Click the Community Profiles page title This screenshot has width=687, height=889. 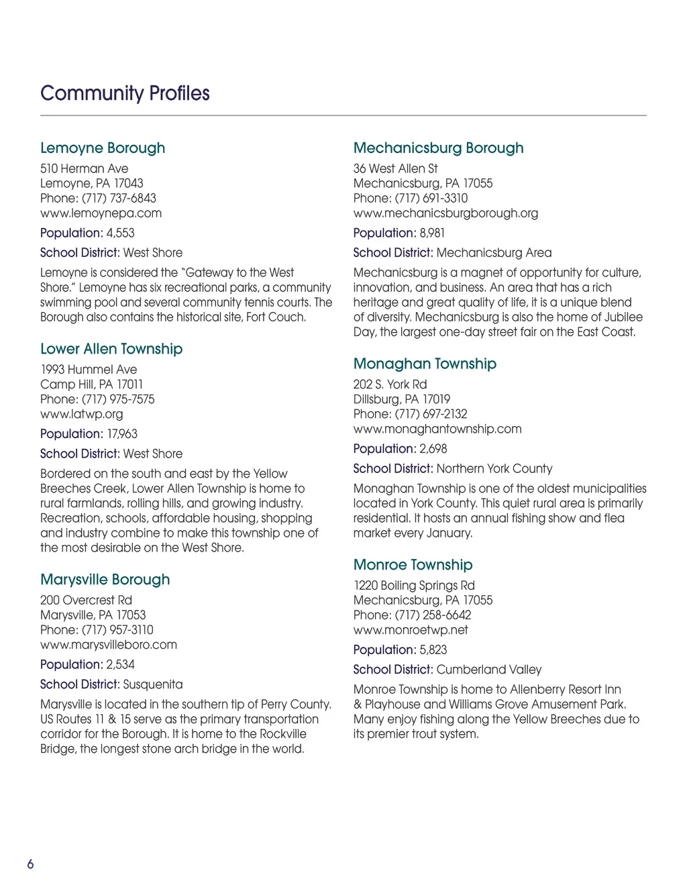coord(125,93)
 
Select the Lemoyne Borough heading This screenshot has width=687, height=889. coord(103,148)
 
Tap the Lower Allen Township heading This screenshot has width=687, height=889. coord(111,349)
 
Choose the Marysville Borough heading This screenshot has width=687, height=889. coord(105,580)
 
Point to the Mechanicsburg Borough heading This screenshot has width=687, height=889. coord(438,148)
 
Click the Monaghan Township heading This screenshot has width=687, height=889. coord(425,364)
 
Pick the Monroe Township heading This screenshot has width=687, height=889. coord(413,565)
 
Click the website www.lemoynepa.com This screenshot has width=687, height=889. coord(101,213)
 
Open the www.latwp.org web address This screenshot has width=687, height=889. coord(82,414)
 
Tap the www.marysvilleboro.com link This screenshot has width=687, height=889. coord(109,645)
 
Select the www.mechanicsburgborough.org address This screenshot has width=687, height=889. coord(445,213)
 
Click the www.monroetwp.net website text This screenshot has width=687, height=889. coord(411,630)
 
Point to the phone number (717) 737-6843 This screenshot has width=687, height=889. coord(119,199)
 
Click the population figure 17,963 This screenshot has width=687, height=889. coord(122,434)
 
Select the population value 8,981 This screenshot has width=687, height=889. coord(432,233)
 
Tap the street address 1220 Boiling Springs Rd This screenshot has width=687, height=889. coord(414,586)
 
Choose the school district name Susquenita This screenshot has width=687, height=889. coord(153,684)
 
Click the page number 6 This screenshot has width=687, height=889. coord(30,864)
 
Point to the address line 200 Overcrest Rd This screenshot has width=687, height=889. coord(86,600)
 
